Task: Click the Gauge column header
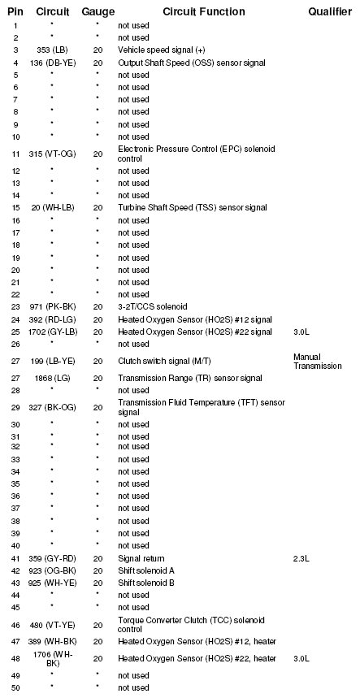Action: pyautogui.click(x=98, y=11)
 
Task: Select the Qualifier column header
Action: pyautogui.click(x=329, y=11)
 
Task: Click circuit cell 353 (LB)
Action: pyautogui.click(x=52, y=50)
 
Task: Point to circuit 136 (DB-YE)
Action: pyautogui.click(x=52, y=63)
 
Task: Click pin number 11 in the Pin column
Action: pyautogui.click(x=15, y=154)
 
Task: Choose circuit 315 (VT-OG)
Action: pyautogui.click(x=52, y=154)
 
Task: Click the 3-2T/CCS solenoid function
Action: pyautogui.click(x=153, y=306)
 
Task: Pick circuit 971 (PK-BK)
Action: pyautogui.click(x=52, y=306)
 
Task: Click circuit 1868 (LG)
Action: pyautogui.click(x=52, y=378)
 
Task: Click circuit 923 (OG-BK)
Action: pyautogui.click(x=52, y=570)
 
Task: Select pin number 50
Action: pyautogui.click(x=15, y=687)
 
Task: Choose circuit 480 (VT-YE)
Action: pyautogui.click(x=52, y=625)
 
